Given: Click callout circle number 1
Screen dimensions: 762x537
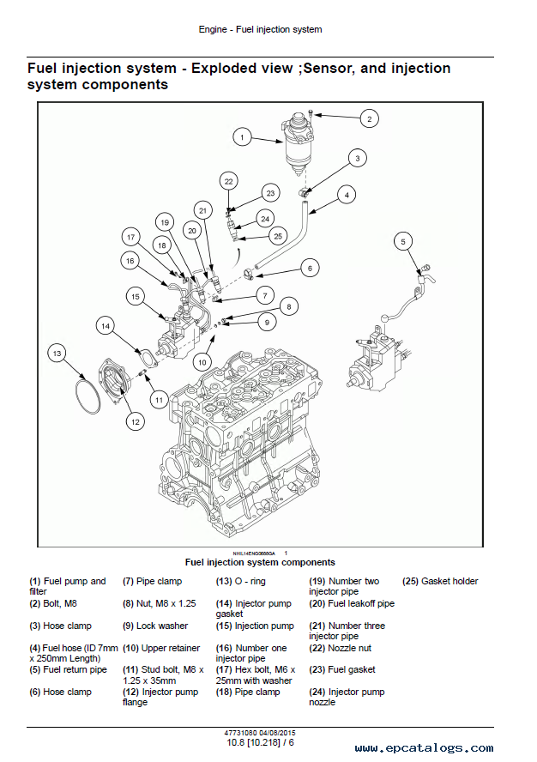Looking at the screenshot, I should [x=243, y=136].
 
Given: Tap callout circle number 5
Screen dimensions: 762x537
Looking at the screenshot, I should [x=404, y=243].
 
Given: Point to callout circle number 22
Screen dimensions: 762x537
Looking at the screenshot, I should [x=228, y=181].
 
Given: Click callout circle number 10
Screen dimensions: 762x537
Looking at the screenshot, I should [x=202, y=362].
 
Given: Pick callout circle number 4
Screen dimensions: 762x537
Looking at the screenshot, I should [x=346, y=195].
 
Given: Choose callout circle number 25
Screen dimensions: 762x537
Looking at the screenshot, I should [x=277, y=235].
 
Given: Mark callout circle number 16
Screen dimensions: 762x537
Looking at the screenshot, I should [x=130, y=260].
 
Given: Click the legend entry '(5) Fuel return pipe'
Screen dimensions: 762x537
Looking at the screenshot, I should [x=69, y=669].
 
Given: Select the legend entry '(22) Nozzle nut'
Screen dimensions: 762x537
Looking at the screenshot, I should [x=341, y=648].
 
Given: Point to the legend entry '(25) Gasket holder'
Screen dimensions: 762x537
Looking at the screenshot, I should [x=440, y=581].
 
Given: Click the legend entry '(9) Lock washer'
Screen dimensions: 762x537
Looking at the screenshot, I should [x=154, y=626].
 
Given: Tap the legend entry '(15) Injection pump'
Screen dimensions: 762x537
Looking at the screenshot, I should [x=254, y=626].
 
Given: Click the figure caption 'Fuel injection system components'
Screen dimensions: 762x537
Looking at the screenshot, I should [x=260, y=562].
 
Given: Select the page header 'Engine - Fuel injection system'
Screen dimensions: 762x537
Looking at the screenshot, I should [x=260, y=29].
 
